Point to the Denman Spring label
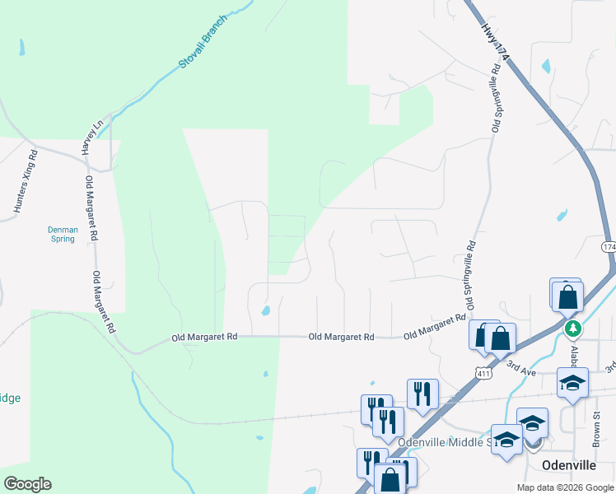[61, 234]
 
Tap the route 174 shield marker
[609, 247]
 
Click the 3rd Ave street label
[520, 368]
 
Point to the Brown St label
[596, 429]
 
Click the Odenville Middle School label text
[445, 442]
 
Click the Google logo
[26, 484]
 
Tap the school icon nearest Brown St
[572, 383]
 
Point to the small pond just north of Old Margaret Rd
[265, 311]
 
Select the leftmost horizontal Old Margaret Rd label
[204, 337]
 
